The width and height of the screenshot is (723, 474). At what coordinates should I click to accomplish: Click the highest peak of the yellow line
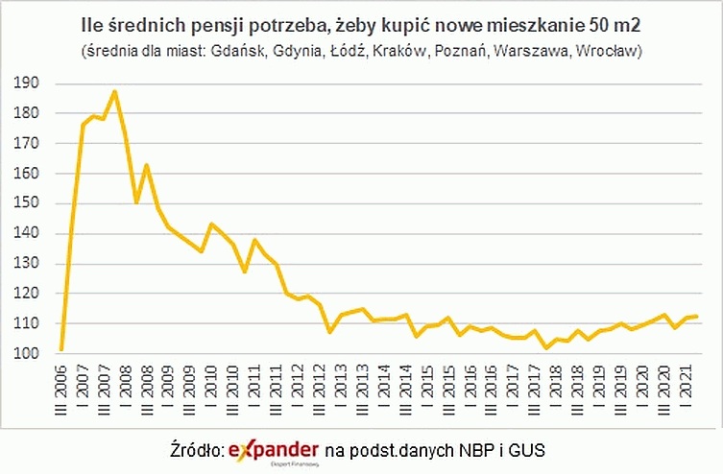tap(114, 91)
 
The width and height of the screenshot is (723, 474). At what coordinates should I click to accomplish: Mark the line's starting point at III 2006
tap(61, 349)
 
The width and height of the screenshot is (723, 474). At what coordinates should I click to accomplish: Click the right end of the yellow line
tap(695, 316)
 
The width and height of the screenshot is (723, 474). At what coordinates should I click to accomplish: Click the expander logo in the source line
tap(274, 449)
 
